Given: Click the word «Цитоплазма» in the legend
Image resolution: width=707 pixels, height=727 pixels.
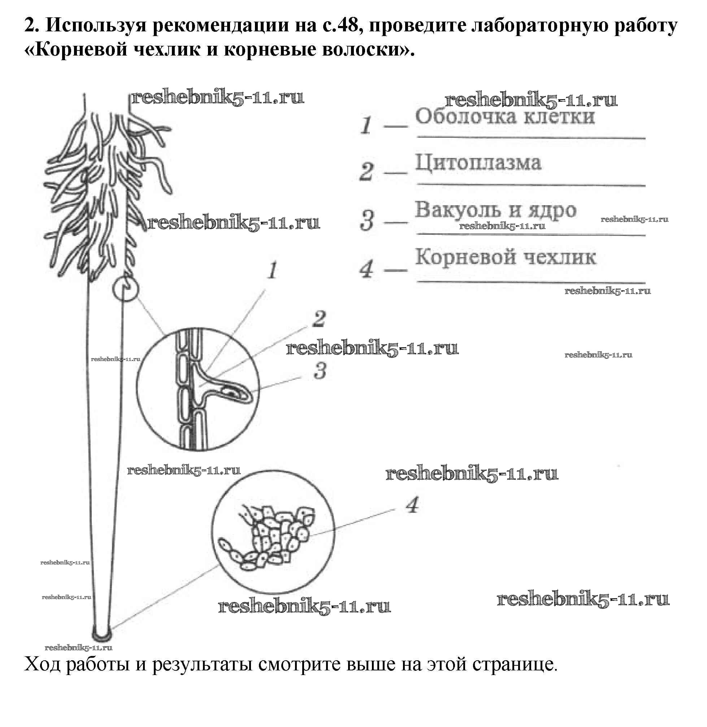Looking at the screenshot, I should pos(478,163).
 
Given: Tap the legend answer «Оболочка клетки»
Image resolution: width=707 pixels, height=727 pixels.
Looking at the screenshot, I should pos(505,116).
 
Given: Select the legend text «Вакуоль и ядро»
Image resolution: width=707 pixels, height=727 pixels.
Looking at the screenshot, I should pos(495,210).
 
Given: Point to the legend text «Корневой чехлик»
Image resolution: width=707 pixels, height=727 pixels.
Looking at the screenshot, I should pos(506,257).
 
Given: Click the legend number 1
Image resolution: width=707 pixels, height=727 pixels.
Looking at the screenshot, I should pos(366,125).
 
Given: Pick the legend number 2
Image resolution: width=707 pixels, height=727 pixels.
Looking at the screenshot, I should pos(366,172).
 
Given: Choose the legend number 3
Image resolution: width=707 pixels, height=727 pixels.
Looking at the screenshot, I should pos(367,220).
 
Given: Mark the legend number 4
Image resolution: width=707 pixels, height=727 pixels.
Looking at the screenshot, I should pos(367,269).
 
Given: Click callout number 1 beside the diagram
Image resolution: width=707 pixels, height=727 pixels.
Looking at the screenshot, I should pos(273,270).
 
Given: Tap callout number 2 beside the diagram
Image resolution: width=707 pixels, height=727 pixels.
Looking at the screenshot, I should pos(319,319).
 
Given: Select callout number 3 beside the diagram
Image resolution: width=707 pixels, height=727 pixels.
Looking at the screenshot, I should pos(320,371).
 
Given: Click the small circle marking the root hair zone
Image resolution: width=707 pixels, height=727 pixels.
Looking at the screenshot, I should pos(126,288).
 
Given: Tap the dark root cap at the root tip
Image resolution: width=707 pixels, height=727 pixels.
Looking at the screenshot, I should pos(102,636).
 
